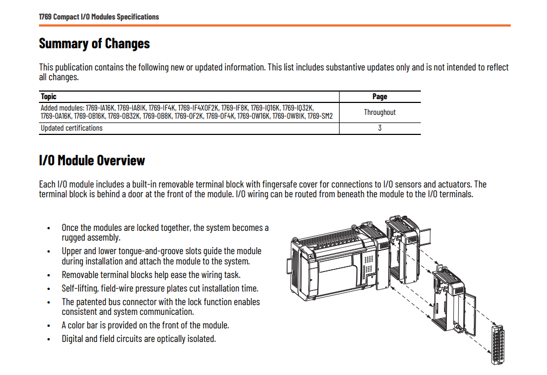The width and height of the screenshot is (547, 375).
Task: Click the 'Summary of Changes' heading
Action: tap(94, 44)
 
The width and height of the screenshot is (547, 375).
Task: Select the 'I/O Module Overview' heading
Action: tap(92, 160)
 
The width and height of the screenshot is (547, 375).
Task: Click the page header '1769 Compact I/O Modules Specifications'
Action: tap(99, 17)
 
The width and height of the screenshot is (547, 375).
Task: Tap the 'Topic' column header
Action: tap(49, 96)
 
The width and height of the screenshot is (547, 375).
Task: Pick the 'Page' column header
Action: tap(380, 96)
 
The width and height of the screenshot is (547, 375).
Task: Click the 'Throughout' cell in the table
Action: tap(380, 112)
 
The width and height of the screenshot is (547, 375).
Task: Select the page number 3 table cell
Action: tap(380, 128)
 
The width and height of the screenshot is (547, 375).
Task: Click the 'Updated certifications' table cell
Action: tap(71, 128)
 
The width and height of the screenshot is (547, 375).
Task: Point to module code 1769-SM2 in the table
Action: tap(320, 116)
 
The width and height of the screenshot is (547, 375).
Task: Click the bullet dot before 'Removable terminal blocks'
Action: tap(49, 275)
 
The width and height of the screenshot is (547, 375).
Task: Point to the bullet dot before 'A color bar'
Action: tap(49, 326)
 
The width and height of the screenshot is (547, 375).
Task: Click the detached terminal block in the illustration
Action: tap(498, 345)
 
